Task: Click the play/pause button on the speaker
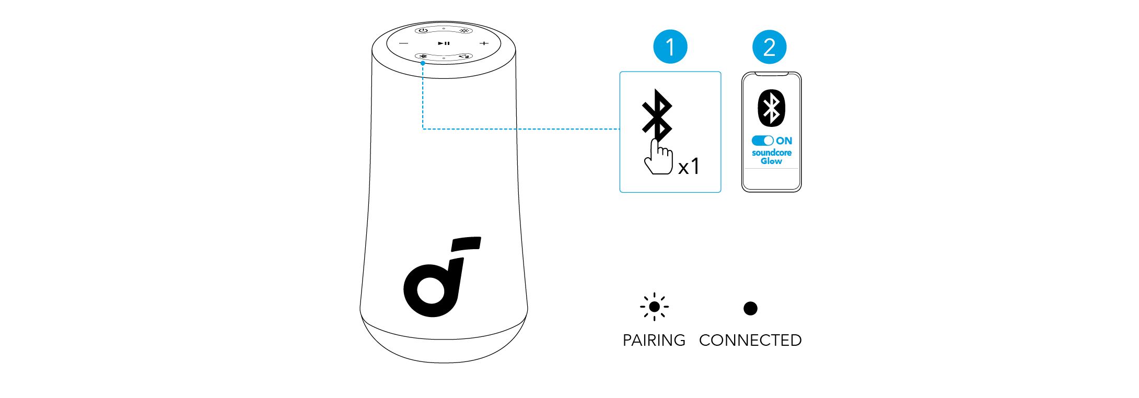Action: tap(444, 43)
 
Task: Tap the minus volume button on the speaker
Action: tap(404, 43)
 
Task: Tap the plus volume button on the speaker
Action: tap(484, 43)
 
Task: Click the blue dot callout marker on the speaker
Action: tap(423, 63)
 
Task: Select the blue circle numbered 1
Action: tap(670, 47)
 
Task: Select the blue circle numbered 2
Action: tap(769, 47)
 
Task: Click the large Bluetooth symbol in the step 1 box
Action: tap(657, 115)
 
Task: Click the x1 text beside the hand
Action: tap(689, 167)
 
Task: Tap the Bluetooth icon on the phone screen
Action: tap(771, 108)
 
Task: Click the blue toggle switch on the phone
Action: tap(762, 141)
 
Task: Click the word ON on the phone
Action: tap(784, 141)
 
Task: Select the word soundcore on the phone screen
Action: tap(771, 153)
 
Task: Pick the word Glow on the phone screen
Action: tap(771, 161)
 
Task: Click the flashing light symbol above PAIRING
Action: tap(654, 307)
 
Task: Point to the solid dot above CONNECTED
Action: tap(750, 308)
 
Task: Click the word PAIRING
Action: tap(654, 341)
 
